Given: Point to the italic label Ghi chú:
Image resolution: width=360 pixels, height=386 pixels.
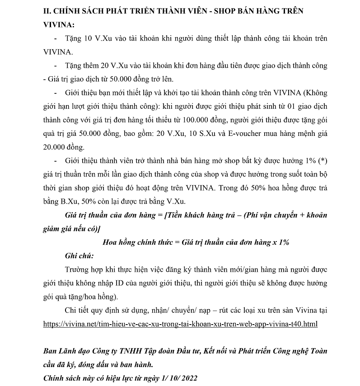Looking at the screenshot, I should click(x=79, y=256).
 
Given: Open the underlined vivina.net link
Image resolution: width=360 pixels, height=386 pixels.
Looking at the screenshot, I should click(x=180, y=324).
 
